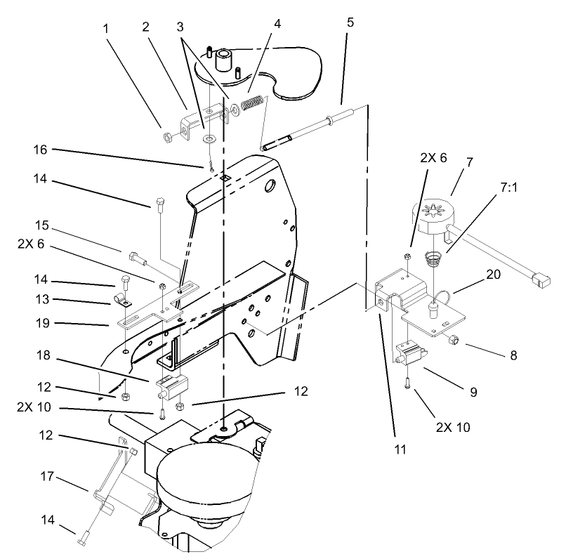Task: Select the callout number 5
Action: (350, 22)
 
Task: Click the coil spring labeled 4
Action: (251, 105)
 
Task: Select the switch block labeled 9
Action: (410, 352)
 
